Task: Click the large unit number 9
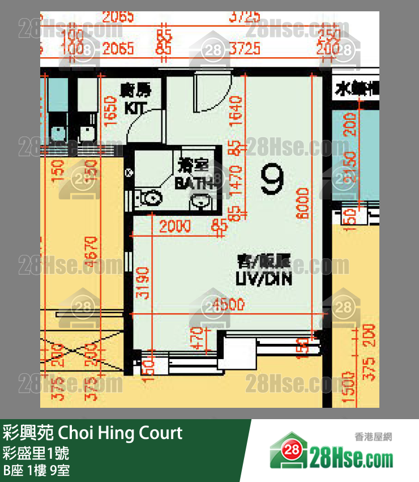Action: [x=272, y=179]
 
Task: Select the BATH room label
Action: [x=193, y=183]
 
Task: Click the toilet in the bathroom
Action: [x=150, y=198]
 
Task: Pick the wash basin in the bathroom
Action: [x=201, y=201]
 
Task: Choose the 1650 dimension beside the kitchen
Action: [x=111, y=111]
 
